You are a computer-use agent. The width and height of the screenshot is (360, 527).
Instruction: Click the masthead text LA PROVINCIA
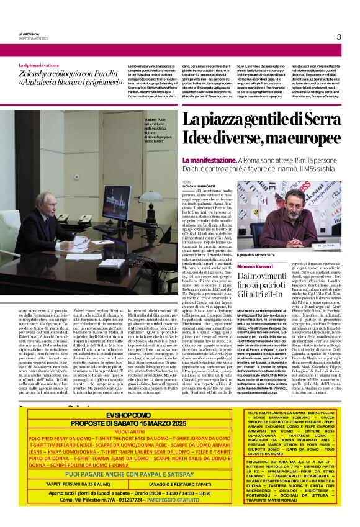coord(28,33)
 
